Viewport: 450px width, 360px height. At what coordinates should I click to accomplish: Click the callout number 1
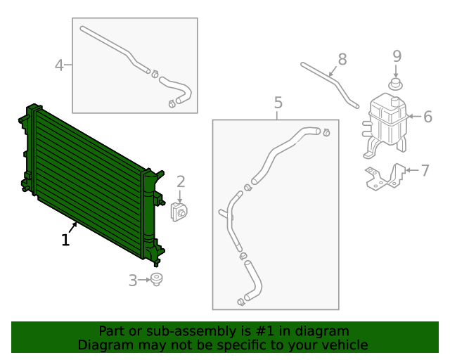[x=65, y=240]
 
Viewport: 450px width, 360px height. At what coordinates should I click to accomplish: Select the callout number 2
[x=180, y=181]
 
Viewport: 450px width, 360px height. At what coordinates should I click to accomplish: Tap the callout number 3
[x=134, y=281]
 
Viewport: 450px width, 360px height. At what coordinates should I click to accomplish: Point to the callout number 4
[x=60, y=65]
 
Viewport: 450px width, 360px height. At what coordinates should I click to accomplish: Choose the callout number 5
[x=278, y=103]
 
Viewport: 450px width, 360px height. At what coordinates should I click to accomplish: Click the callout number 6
[x=427, y=116]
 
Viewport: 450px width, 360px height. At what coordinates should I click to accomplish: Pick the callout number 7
[x=425, y=170]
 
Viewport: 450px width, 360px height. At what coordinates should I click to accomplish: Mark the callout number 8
[x=342, y=58]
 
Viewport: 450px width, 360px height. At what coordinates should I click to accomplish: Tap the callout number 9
[x=397, y=56]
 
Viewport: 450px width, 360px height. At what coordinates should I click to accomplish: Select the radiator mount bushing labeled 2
[x=179, y=211]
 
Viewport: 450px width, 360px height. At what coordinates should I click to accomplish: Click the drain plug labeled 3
[x=157, y=280]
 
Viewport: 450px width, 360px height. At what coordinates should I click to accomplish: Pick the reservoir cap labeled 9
[x=396, y=85]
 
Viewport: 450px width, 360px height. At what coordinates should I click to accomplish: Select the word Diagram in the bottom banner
[x=103, y=345]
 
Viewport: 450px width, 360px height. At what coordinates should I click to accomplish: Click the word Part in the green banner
[x=112, y=331]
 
